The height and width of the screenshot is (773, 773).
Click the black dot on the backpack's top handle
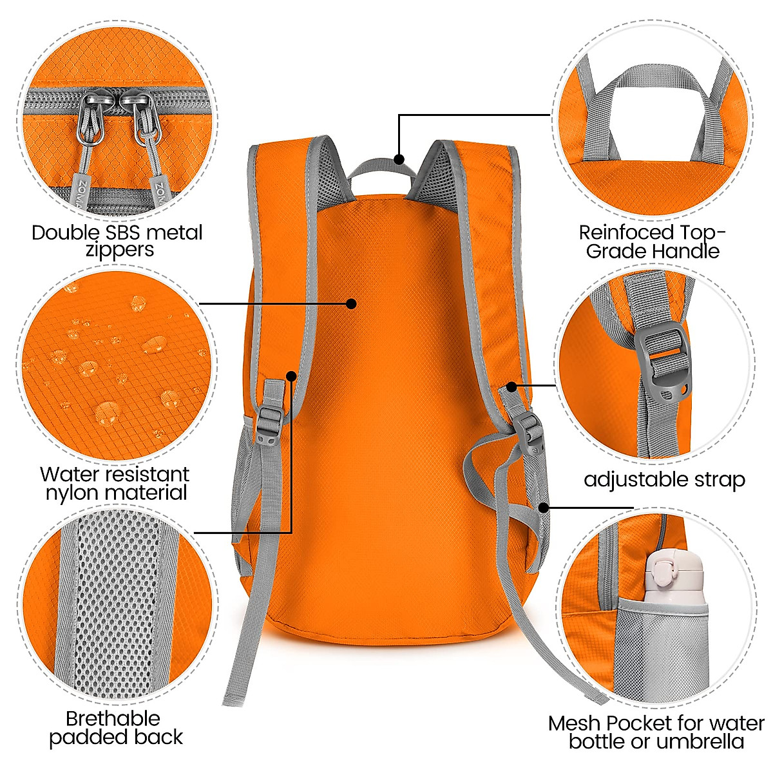[x=399, y=158]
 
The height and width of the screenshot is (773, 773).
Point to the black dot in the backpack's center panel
[x=351, y=303]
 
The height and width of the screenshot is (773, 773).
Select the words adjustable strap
[x=664, y=480]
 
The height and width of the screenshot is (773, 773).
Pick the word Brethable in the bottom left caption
[x=113, y=719]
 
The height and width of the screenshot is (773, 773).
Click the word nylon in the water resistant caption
[x=72, y=493]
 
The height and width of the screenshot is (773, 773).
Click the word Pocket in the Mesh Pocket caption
[x=634, y=723]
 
